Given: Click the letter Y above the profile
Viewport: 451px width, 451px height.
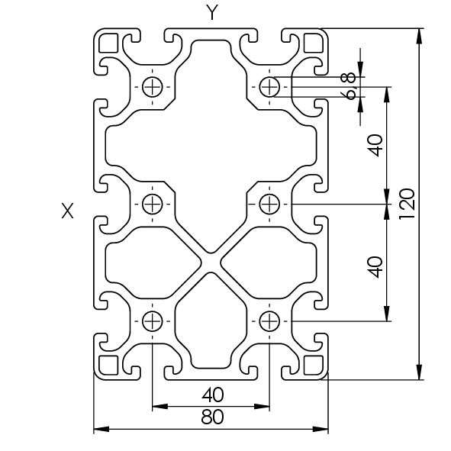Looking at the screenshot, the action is click(212, 13).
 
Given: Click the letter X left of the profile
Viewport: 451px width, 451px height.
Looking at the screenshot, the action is click(68, 211).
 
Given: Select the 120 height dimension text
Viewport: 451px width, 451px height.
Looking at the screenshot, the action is click(407, 204).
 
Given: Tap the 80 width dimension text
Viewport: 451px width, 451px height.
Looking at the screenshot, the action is click(212, 417).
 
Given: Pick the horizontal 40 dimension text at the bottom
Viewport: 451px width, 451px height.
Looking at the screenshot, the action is click(212, 395).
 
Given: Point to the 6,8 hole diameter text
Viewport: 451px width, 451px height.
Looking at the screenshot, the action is click(347, 86).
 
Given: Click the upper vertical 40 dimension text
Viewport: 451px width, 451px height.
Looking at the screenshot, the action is click(375, 146).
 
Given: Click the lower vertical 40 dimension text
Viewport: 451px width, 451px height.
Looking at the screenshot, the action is click(375, 267).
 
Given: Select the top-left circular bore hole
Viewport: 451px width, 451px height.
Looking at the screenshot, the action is click(153, 86).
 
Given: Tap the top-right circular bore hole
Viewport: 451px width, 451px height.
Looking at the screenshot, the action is click(269, 86).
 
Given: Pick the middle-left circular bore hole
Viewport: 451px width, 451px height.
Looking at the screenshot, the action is click(153, 205).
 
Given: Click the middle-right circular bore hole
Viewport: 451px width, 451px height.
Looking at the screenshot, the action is click(269, 205).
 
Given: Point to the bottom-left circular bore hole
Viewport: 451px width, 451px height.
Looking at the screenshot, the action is click(153, 321).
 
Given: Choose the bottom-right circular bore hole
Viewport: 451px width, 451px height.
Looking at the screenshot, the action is click(269, 321).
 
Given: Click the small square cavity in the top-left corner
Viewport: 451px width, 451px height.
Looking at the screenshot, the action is click(108, 43).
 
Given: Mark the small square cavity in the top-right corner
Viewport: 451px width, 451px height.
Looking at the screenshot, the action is click(314, 43).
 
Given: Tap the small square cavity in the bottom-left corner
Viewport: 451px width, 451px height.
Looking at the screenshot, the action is click(108, 366).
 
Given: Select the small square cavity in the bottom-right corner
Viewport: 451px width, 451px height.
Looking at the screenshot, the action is click(314, 366).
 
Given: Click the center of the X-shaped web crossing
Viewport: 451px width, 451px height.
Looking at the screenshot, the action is click(211, 263).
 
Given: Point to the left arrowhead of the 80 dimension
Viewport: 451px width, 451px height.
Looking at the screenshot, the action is click(101, 429).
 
